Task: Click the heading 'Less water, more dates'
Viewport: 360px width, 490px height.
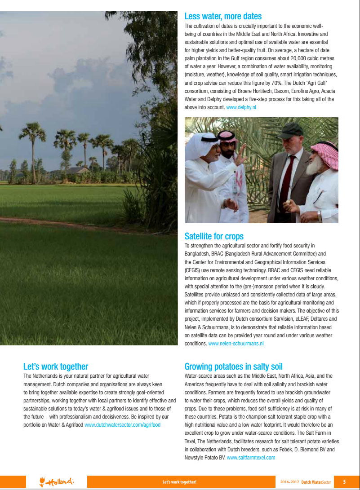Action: [223, 17]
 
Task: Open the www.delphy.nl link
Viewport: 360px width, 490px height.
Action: [241, 108]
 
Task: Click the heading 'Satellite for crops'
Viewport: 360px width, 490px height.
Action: [214, 236]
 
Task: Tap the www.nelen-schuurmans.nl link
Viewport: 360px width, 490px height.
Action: [236, 344]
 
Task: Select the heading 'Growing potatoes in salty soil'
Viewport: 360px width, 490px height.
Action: [233, 366]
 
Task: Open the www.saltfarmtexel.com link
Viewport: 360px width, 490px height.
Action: [251, 458]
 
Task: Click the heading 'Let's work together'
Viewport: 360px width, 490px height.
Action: [56, 366]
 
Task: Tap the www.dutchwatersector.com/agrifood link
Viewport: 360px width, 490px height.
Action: [122, 424]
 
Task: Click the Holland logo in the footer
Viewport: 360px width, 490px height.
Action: [57, 482]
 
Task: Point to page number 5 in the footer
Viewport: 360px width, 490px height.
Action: [344, 482]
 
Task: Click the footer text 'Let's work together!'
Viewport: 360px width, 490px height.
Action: [179, 482]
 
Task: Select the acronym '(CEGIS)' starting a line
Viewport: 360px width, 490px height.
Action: [193, 270]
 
